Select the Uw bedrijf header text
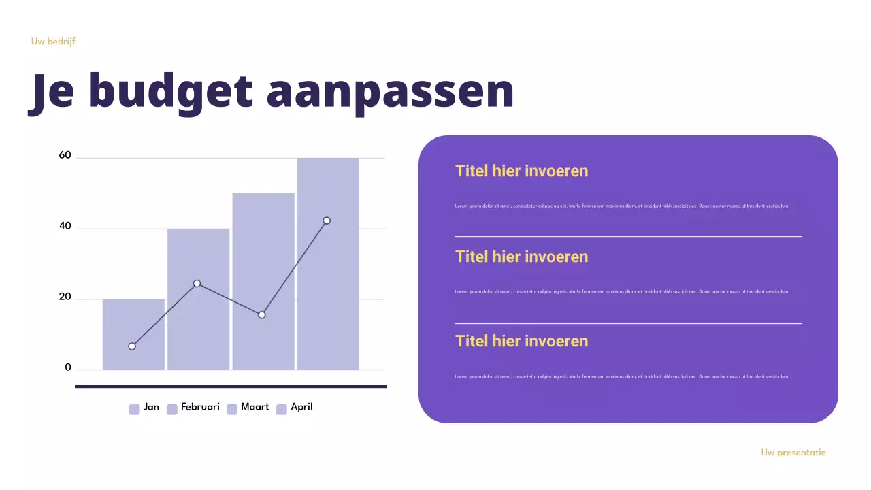pos(53,42)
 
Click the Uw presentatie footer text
pos(793,453)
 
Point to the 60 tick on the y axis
pos(65,155)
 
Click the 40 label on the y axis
pos(65,226)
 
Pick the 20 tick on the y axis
pos(65,297)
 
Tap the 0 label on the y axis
pos(68,367)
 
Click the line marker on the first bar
pos(132,346)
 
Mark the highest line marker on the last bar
pos(327,220)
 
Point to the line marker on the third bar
pos(262,315)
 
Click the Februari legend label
pos(200,407)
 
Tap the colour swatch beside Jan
pos(134,409)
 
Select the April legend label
pos(301,407)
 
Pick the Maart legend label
pos(254,407)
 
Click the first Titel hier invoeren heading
pos(521,171)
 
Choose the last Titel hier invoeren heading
pos(521,341)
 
